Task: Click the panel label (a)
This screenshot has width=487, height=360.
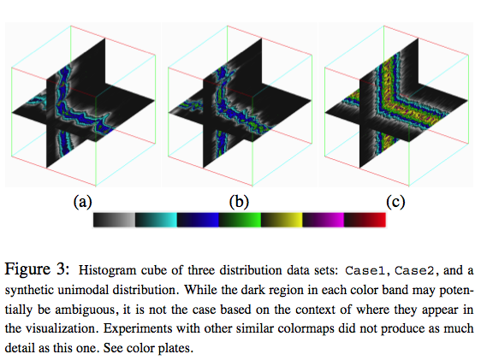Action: point(83,202)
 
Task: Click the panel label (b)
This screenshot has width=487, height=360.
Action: point(239,202)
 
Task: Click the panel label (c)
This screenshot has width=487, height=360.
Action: point(395,202)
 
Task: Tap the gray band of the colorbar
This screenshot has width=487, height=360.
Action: point(115,220)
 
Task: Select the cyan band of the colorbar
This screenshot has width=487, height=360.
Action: point(156,220)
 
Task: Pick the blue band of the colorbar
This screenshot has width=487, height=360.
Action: point(198,220)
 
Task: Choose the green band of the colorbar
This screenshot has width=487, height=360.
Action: point(240,220)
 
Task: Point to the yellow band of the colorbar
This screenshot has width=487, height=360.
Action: point(282,220)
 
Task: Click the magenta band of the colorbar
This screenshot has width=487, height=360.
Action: point(323,220)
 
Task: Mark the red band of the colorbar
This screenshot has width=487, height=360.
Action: point(365,220)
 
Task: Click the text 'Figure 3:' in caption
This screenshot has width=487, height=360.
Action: point(37,269)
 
